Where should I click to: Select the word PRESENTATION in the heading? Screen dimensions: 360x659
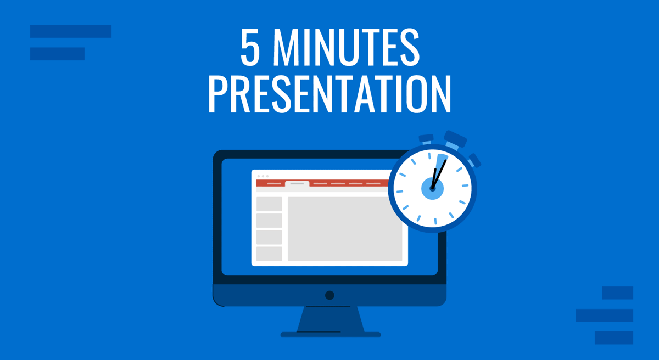pos(329,94)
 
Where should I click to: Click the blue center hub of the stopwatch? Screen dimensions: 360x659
pos(433,189)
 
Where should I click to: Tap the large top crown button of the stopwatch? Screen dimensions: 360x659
pos(455,140)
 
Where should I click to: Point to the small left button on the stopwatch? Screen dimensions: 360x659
pos(426,140)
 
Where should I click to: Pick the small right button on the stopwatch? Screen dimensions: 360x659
pos(474,160)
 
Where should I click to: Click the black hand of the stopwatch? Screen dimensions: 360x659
pos(439,172)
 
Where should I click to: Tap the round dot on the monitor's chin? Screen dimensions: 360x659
pos(329,295)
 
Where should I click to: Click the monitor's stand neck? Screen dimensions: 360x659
pos(330,319)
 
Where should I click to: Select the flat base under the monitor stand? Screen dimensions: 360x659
pos(330,334)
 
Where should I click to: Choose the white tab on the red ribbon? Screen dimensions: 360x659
pos(297,184)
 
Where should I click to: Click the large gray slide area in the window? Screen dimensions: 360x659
pos(345,228)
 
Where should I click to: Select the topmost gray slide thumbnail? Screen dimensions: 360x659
pos(269,204)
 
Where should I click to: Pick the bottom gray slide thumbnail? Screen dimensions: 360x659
pos(269,254)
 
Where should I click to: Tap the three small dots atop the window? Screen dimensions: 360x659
pos(263,176)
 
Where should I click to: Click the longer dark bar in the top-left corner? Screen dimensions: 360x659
pos(71,31)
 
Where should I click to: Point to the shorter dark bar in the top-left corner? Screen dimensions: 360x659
pos(57,54)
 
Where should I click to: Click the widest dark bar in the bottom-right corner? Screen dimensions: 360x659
pos(604,315)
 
